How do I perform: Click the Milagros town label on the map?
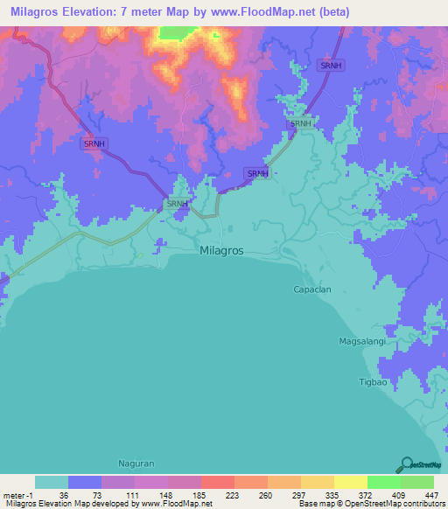[223, 249]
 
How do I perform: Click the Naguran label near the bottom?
[136, 463]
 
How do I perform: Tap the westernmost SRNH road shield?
[94, 143]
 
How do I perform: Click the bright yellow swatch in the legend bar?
[350, 482]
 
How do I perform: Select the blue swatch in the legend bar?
[85, 482]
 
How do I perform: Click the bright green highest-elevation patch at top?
[178, 32]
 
